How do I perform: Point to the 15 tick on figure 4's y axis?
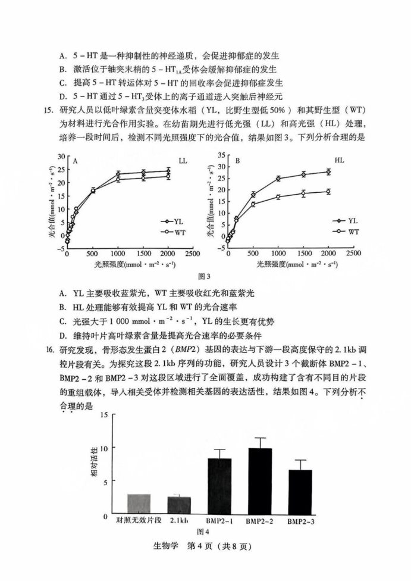[x=105, y=416]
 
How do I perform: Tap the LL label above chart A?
[x=183, y=161]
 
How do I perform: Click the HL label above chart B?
[x=339, y=160]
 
